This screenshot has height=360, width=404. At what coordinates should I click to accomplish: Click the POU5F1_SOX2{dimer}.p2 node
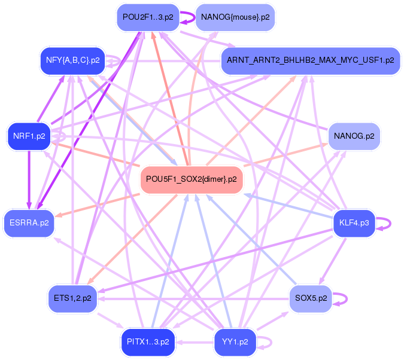pyautogui.click(x=192, y=179)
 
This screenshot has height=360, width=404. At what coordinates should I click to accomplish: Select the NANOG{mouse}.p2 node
pyautogui.click(x=235, y=17)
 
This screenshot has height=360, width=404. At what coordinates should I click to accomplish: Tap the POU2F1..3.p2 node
pyautogui.click(x=148, y=17)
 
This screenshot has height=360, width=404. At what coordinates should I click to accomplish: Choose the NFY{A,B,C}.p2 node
pyautogui.click(x=72, y=61)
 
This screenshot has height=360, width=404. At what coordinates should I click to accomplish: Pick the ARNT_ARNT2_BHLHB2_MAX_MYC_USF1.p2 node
pyautogui.click(x=311, y=61)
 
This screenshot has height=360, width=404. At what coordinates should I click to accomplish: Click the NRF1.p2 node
pyautogui.click(x=29, y=136)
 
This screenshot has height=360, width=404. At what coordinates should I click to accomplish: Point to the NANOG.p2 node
pyautogui.click(x=354, y=136)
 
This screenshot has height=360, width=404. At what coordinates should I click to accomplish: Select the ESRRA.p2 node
pyautogui.click(x=29, y=223)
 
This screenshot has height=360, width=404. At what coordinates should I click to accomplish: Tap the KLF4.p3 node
pyautogui.click(x=354, y=223)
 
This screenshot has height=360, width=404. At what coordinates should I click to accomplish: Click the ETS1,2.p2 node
pyautogui.click(x=72, y=298)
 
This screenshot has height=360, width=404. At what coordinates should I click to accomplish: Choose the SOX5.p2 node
pyautogui.click(x=311, y=298)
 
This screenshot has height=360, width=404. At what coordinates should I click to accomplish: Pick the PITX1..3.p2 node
pyautogui.click(x=148, y=342)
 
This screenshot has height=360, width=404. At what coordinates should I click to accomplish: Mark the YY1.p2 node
pyautogui.click(x=235, y=342)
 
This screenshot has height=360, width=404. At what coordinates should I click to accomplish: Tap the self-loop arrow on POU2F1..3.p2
pyautogui.click(x=194, y=17)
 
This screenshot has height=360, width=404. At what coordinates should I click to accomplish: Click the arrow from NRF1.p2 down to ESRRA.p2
pyautogui.click(x=29, y=180)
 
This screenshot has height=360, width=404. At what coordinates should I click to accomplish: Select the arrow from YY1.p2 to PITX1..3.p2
pyautogui.click(x=195, y=343)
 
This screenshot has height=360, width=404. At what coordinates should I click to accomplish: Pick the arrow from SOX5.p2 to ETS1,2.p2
pyautogui.click(x=193, y=299)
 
